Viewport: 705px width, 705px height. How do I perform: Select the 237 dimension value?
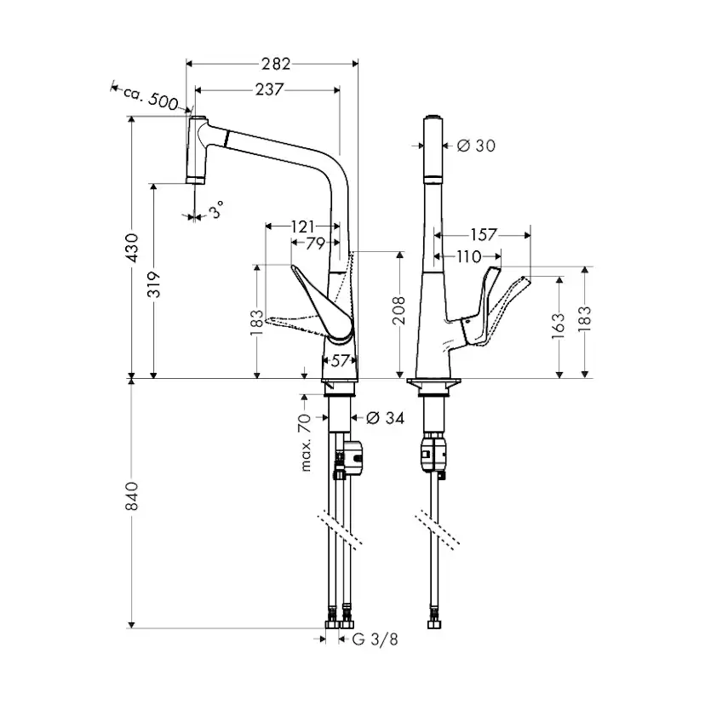point(269,89)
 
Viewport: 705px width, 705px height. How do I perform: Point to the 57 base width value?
point(340,360)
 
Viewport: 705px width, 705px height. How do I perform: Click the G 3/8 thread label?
point(375,639)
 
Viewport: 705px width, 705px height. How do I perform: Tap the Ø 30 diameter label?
point(476,146)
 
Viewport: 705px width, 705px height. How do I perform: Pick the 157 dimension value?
point(483,233)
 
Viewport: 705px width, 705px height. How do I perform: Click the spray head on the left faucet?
point(197,149)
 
